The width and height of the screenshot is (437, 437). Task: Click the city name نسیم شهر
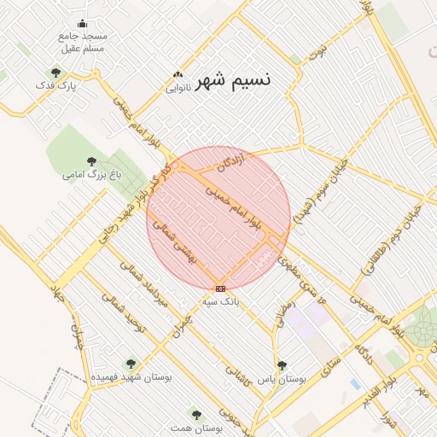coord(234,81)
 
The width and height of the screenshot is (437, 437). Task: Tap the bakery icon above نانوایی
coord(178,75)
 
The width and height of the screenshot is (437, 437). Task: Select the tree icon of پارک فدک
coord(56,73)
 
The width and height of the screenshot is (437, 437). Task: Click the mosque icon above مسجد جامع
coord(82,24)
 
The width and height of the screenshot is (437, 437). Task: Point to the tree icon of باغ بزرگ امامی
coord(92,160)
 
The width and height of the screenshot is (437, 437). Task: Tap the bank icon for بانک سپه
coord(221,289)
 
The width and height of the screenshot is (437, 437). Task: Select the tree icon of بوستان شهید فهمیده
coord(131,364)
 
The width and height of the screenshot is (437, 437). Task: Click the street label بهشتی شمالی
coord(174,241)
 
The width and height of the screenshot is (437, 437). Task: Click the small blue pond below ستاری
coord(355,384)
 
